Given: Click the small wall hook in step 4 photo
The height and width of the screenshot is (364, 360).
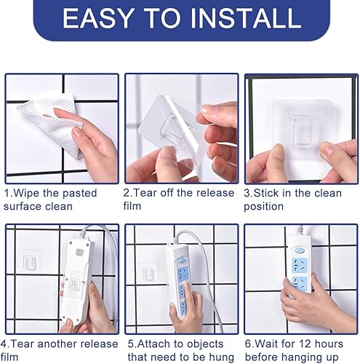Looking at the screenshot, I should [31, 262].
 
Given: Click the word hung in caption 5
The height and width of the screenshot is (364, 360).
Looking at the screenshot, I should [222, 357].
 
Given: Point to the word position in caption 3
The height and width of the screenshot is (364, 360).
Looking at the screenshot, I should [265, 207].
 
